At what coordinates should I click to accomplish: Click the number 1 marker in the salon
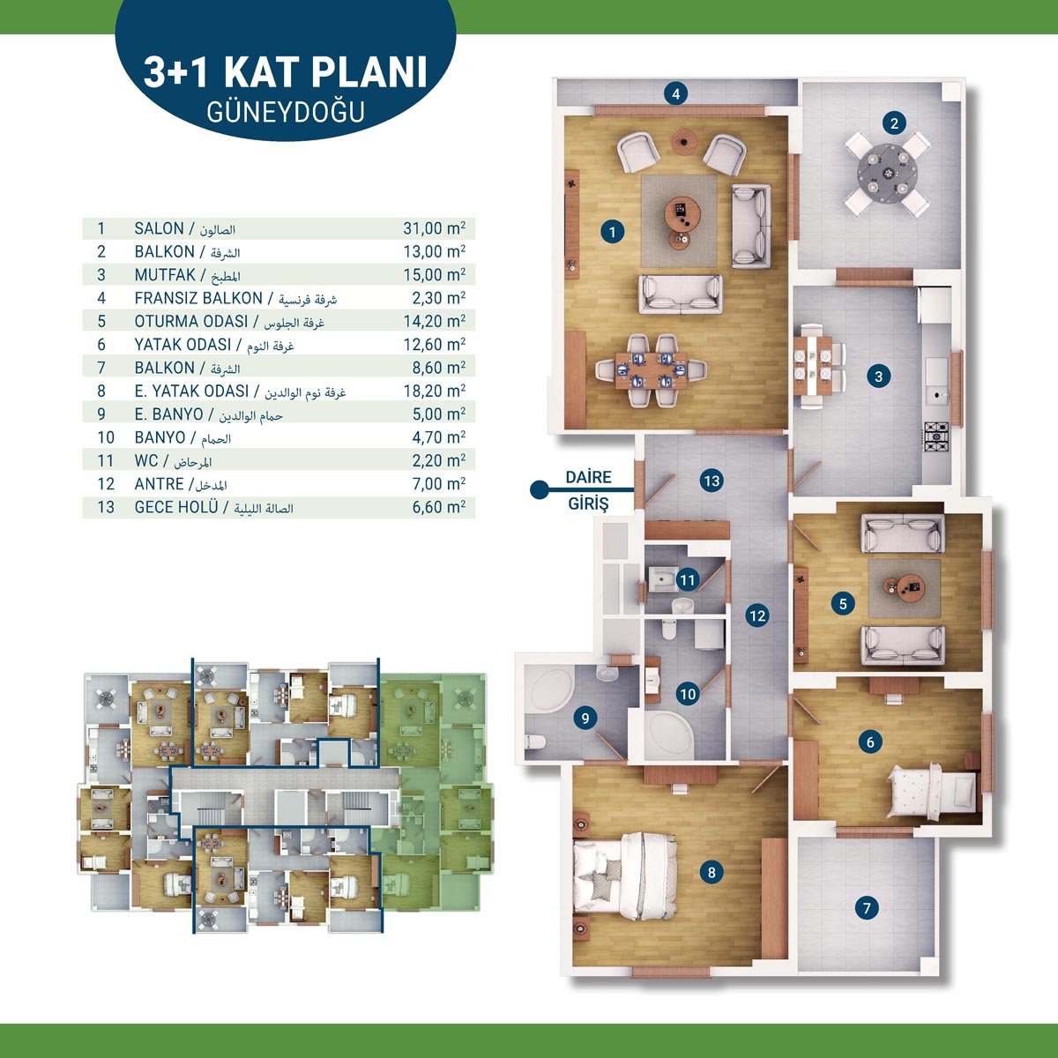click(612, 232)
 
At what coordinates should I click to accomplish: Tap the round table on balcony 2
click(887, 173)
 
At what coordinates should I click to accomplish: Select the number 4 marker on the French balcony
click(676, 93)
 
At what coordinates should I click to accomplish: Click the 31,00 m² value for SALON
click(435, 227)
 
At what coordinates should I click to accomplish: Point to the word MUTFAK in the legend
click(165, 274)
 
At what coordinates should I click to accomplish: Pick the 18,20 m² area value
click(435, 391)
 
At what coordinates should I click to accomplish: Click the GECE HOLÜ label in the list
click(176, 506)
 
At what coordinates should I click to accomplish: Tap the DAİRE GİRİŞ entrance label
click(589, 489)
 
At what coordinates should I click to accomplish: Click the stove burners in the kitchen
click(935, 436)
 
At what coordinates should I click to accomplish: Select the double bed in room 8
click(625, 875)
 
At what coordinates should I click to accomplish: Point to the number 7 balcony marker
click(867, 907)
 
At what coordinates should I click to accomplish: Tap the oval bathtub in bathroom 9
click(550, 691)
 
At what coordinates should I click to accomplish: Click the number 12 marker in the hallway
click(757, 615)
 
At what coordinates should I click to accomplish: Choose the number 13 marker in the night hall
click(712, 481)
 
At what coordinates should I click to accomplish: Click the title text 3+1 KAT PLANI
click(285, 72)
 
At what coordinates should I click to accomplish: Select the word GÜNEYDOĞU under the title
click(286, 111)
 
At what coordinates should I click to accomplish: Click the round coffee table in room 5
click(905, 587)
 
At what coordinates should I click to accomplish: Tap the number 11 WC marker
click(687, 580)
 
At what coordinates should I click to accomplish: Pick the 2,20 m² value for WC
click(439, 460)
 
